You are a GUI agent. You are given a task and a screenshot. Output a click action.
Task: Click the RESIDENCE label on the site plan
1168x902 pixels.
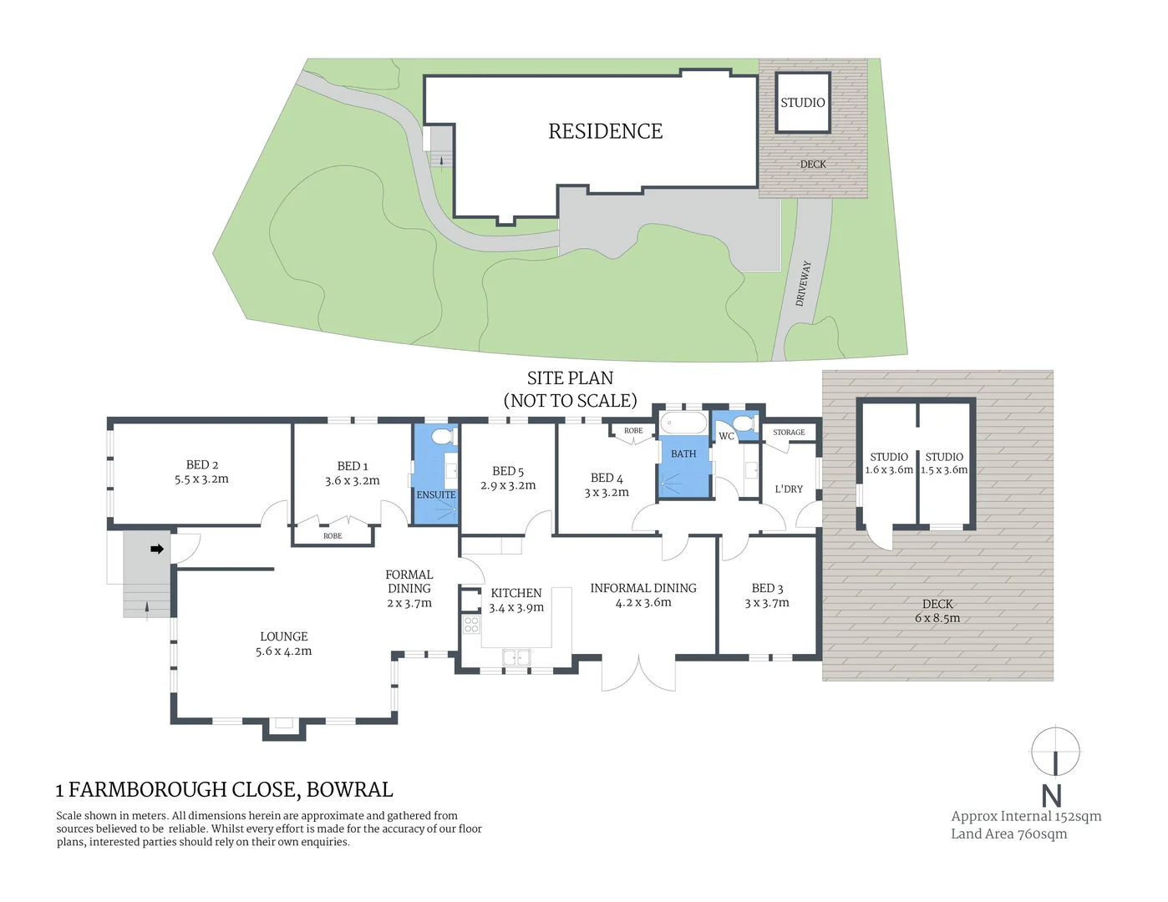(605, 131)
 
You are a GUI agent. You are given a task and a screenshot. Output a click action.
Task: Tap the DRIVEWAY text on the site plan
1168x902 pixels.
(803, 284)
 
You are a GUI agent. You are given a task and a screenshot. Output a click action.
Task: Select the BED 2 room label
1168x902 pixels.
(202, 464)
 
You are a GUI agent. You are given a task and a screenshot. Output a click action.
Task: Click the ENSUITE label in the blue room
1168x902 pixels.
(435, 495)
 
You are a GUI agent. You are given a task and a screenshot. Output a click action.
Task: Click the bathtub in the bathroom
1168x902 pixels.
(683, 424)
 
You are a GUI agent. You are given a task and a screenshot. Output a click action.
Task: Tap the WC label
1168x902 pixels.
(726, 436)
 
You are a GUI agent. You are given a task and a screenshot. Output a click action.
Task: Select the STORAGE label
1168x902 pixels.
(789, 433)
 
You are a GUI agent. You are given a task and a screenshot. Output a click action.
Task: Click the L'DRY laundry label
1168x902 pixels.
(788, 489)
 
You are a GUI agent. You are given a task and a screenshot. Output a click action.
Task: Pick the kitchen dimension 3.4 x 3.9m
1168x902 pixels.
(515, 608)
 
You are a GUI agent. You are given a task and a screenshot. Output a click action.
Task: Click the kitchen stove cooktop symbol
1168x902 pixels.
(471, 625)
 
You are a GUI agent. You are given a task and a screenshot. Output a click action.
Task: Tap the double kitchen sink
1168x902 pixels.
(516, 658)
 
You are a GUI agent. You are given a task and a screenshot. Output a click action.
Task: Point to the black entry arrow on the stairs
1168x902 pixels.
(156, 549)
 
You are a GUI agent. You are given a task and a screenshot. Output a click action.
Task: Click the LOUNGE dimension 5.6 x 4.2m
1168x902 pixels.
(283, 651)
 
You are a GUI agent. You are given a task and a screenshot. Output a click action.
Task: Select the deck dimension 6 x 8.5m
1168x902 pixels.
(937, 619)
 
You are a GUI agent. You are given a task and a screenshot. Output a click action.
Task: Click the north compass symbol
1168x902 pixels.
(1054, 752)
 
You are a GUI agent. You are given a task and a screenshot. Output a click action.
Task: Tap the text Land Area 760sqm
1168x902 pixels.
(1008, 834)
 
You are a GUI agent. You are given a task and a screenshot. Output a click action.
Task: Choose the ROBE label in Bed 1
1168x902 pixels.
(332, 536)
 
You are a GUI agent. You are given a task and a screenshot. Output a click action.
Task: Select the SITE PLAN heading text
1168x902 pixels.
(570, 378)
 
